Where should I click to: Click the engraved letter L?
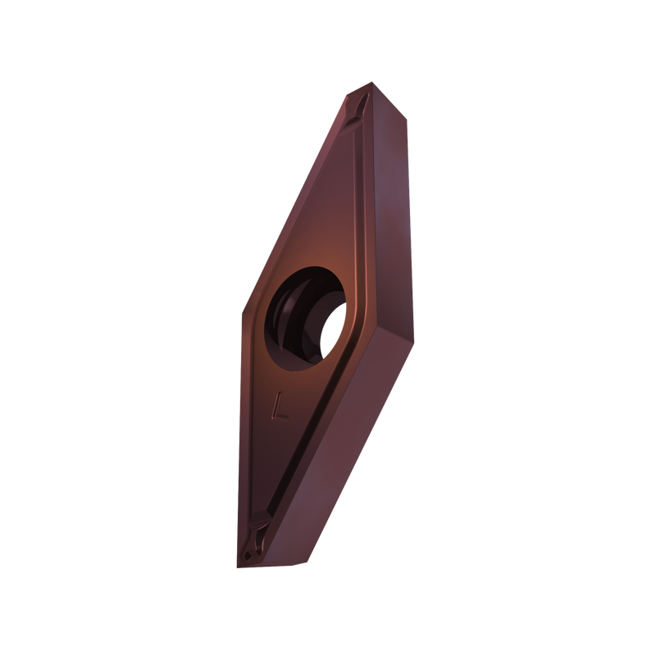tap(279, 405)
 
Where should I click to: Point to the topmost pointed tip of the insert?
tap(371, 83)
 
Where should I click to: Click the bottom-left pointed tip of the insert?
tap(238, 567)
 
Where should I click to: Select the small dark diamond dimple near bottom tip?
tap(249, 555)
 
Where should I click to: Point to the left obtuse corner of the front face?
tap(243, 313)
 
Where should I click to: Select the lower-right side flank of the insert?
tap(339, 452)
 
